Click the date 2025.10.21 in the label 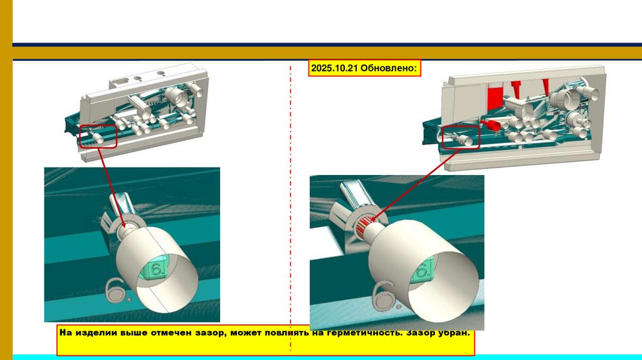tap(334, 68)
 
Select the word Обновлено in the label tap(389, 68)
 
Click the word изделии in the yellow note tap(97, 332)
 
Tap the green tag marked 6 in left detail tap(154, 268)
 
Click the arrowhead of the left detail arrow tap(124, 225)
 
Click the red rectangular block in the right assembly tap(495, 97)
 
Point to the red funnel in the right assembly tap(493, 125)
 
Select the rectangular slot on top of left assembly tap(119, 82)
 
